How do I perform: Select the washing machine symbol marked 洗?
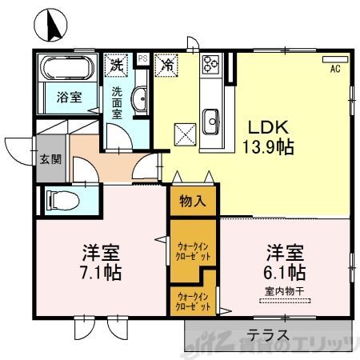point(118,62)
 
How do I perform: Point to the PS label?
point(143,58)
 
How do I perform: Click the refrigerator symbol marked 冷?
point(168,62)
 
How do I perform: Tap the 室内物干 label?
point(285,290)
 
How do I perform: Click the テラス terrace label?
point(267,334)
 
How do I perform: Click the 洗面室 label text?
point(117,102)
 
